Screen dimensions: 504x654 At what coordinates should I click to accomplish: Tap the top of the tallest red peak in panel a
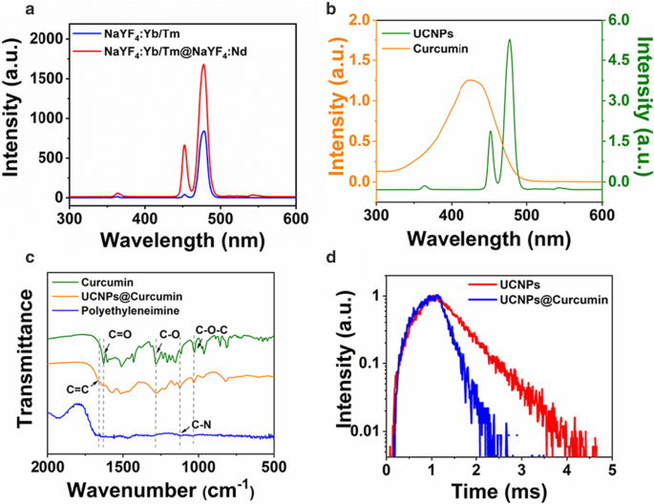(x=203, y=65)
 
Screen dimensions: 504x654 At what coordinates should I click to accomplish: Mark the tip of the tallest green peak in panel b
(x=509, y=40)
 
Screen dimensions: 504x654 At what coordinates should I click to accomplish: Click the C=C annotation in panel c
(x=79, y=387)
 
